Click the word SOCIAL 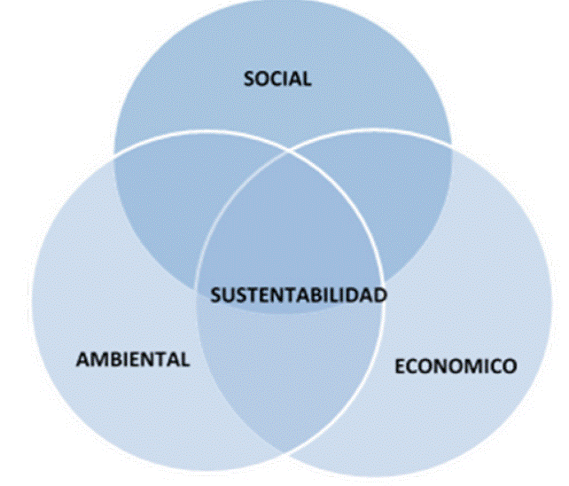pyautogui.click(x=277, y=79)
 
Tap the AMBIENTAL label pyautogui.click(x=133, y=359)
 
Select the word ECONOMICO pyautogui.click(x=456, y=365)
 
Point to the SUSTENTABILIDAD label pyautogui.click(x=299, y=295)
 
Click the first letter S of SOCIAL pyautogui.click(x=249, y=79)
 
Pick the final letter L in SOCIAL pyautogui.click(x=308, y=79)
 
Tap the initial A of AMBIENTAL pyautogui.click(x=82, y=359)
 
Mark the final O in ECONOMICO pyautogui.click(x=510, y=365)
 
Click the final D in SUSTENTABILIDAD pyautogui.click(x=381, y=295)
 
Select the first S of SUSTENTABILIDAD pyautogui.click(x=215, y=295)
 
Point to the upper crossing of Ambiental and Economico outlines pyautogui.click(x=286, y=151)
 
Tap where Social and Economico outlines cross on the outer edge pyautogui.click(x=451, y=145)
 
